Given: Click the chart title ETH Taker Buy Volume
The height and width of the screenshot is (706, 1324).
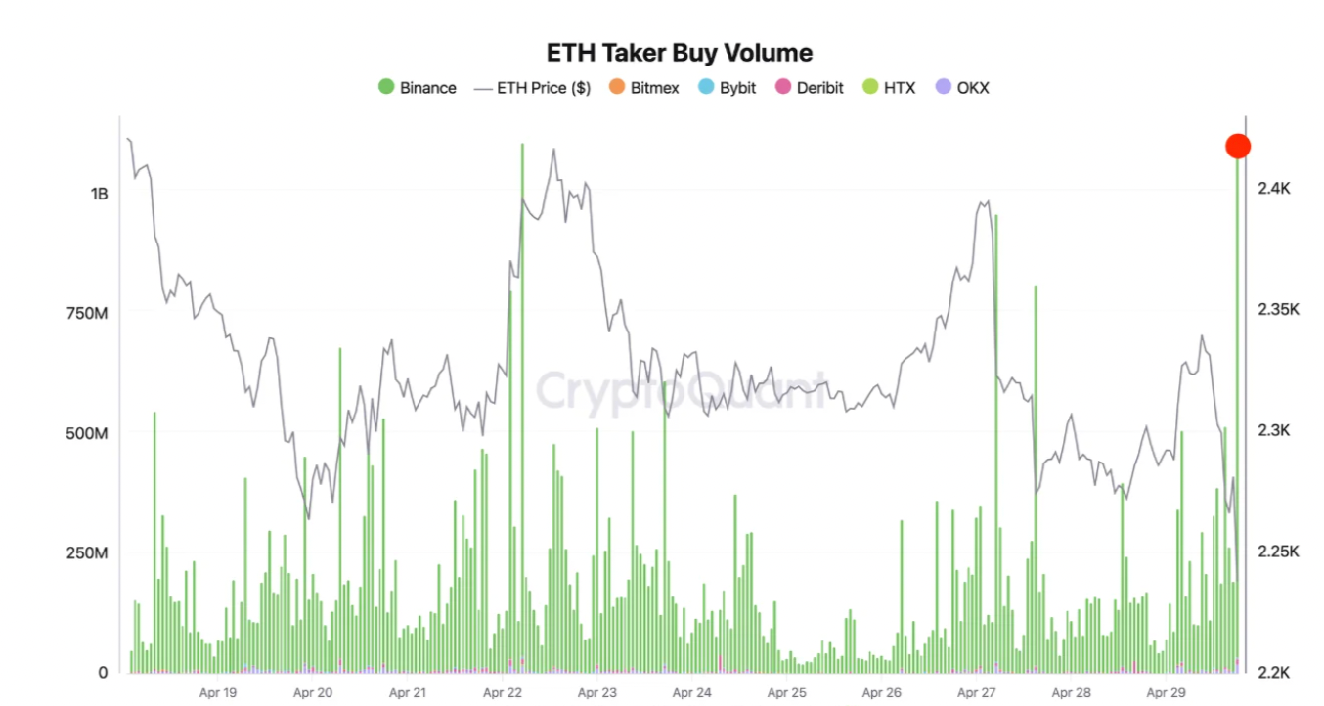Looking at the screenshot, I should [x=680, y=52].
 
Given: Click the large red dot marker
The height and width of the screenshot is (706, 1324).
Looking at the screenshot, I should [x=1238, y=147].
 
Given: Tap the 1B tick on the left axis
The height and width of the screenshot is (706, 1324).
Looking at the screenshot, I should [x=99, y=194].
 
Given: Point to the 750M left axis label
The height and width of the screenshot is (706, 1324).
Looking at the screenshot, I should [x=86, y=313].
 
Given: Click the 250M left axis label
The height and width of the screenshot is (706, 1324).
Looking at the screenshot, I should [x=86, y=553].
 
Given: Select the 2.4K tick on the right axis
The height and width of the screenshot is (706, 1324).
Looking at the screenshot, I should [x=1274, y=188].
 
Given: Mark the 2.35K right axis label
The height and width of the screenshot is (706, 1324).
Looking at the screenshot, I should [x=1278, y=309].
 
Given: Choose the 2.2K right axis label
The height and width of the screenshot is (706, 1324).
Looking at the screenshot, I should [x=1274, y=673].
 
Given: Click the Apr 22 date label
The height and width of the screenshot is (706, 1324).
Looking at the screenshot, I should [x=502, y=693].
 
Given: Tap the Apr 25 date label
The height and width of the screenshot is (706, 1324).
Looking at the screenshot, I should [x=786, y=693].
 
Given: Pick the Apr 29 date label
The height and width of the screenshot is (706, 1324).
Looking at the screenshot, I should [x=1166, y=693].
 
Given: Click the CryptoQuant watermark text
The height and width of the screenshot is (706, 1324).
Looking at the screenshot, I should [x=681, y=391].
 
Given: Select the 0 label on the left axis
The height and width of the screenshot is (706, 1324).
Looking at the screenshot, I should [x=102, y=673].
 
